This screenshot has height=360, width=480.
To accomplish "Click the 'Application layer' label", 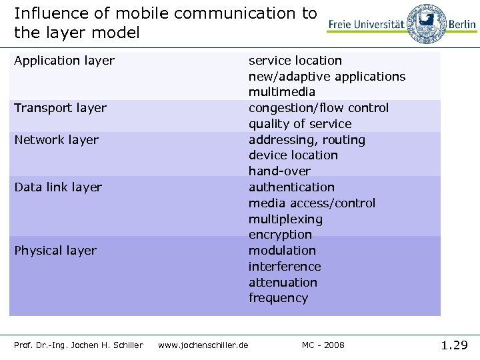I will (x=64, y=61).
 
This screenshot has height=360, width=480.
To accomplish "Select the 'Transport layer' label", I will (x=60, y=108).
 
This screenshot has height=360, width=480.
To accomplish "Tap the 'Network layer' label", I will (x=56, y=140).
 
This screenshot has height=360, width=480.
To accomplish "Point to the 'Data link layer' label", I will (x=58, y=187).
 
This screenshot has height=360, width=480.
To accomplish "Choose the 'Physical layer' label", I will (x=55, y=251).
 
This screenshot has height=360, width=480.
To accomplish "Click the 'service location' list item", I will (x=295, y=61).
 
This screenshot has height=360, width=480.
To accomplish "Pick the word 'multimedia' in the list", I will (x=282, y=92).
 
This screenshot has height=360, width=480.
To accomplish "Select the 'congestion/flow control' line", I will (x=319, y=108).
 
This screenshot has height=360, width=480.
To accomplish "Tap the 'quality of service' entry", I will (x=300, y=124).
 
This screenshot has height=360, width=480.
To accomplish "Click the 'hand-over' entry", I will (x=279, y=171).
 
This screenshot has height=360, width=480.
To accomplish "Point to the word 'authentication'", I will (x=291, y=187).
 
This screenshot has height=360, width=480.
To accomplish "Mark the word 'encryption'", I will (x=280, y=235).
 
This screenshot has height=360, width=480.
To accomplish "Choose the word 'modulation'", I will (x=282, y=251).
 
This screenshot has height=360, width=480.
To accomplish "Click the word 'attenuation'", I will (x=283, y=283).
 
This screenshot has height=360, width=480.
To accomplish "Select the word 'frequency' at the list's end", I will (x=278, y=298).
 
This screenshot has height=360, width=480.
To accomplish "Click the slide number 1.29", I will (x=455, y=345).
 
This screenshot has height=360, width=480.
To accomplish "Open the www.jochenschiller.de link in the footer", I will (x=203, y=345).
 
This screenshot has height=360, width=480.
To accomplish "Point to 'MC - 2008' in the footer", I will (x=323, y=345).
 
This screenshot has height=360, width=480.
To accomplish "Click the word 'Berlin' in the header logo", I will (x=462, y=24).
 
